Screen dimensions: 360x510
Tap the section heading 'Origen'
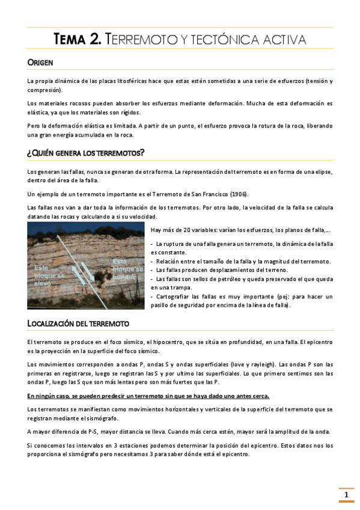40,63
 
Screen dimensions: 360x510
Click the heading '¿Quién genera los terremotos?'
85,153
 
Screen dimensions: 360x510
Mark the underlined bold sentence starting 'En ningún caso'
148,396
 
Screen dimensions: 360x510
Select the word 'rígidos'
129,112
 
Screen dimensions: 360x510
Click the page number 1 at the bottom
346,495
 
